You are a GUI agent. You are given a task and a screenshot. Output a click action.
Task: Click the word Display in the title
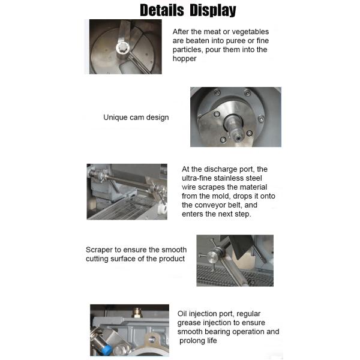(x=213, y=10)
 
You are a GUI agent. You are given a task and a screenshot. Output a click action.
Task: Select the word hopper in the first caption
(x=185, y=59)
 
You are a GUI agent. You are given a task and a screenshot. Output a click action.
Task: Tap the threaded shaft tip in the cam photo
(x=239, y=133)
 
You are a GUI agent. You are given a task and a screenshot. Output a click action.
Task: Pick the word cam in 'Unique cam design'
(x=139, y=118)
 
